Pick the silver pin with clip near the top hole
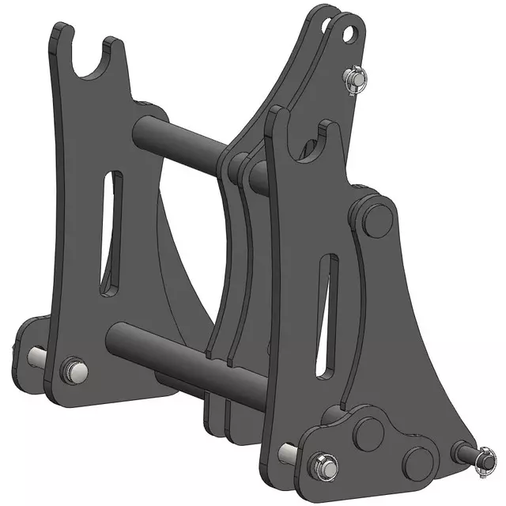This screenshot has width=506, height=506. (353, 80)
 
